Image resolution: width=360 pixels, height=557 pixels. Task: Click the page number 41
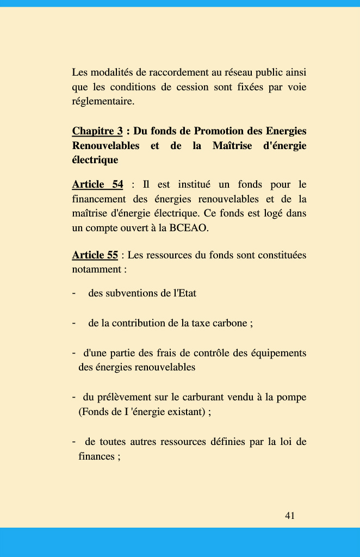click(290, 515)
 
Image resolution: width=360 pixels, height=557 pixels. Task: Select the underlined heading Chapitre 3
click(97, 131)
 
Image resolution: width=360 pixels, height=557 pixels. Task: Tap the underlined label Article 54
click(97, 184)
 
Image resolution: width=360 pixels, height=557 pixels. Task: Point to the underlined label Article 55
click(95, 255)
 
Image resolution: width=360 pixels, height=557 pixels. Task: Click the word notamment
click(96, 269)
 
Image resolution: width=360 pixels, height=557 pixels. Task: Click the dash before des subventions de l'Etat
click(73, 293)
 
